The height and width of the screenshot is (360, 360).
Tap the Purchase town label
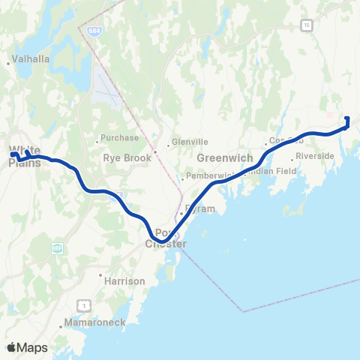[121, 138]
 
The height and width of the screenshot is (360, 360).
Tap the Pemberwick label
[212, 176]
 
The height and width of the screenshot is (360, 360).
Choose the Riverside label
[315, 156]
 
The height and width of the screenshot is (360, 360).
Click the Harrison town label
[125, 281]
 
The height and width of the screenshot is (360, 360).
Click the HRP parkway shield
[58, 247]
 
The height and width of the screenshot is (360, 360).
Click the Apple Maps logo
[27, 347]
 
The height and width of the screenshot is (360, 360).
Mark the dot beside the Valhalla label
[8, 64]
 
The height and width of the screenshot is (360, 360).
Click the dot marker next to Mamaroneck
[61, 327]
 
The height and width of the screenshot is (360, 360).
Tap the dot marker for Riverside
[292, 159]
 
